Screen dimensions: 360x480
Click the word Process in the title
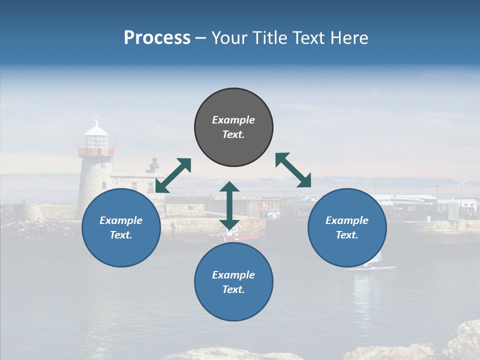157,37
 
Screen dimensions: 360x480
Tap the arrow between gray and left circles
173,175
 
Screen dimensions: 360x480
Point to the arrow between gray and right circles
293,170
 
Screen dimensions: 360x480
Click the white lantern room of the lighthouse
96,137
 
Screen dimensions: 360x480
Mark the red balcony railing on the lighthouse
96,151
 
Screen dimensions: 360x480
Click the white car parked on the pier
273,213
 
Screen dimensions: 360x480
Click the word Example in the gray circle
233,120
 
